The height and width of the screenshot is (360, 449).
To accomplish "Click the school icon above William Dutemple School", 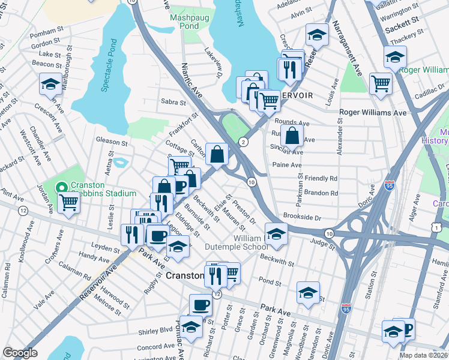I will click(x=276, y=233).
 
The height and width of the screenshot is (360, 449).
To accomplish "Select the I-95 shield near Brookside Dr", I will click(x=390, y=186).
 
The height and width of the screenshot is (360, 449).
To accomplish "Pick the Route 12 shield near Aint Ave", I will click(x=23, y=211).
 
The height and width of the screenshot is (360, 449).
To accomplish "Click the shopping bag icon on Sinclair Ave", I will click(x=291, y=136).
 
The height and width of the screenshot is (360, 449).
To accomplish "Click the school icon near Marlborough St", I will click(x=50, y=83).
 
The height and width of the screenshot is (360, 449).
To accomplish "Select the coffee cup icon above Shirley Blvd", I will click(x=200, y=304).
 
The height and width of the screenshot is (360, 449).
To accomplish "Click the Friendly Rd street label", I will click(x=321, y=179).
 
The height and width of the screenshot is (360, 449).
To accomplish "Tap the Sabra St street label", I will click(x=172, y=102).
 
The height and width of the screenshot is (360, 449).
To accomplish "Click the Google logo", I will click(x=20, y=353).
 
